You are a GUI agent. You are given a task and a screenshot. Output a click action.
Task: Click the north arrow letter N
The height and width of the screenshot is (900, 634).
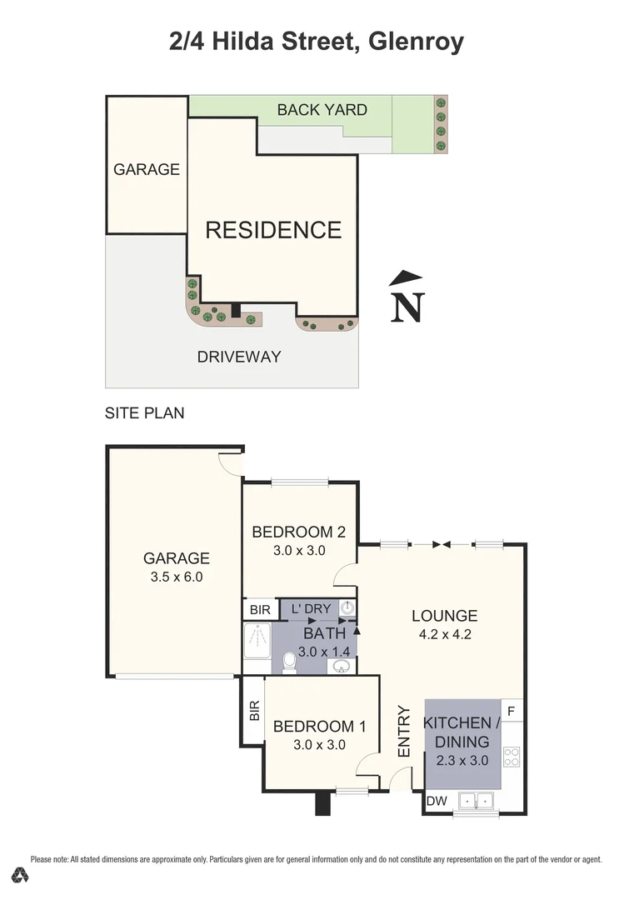tap(407, 307)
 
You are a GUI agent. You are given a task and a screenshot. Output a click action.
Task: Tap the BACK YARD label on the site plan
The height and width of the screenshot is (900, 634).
tap(322, 109)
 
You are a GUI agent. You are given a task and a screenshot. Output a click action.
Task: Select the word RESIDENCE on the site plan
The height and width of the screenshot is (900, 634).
tap(273, 230)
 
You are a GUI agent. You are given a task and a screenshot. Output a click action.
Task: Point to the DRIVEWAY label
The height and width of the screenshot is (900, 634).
tap(239, 357)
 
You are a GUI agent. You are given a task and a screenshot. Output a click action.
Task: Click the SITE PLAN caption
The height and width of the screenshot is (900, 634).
tap(144, 412)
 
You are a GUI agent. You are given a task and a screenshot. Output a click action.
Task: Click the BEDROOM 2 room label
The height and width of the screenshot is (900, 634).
tap(298, 532)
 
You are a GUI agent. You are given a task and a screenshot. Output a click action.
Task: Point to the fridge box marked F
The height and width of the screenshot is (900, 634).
tap(512, 711)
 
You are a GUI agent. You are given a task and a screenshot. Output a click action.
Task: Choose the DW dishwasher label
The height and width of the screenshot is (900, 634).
tap(436, 801)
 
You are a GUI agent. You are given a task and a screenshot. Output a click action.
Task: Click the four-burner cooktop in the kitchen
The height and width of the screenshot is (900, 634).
tap(512, 757)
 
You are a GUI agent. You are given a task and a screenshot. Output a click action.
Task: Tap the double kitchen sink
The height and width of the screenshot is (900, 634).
tap(476, 801)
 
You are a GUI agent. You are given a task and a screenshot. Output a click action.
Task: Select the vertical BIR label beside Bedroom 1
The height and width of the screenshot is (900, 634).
tap(253, 710)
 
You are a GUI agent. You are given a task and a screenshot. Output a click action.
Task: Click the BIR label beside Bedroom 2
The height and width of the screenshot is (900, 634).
tap(260, 610)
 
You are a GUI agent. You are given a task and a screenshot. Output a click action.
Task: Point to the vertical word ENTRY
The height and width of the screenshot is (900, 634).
tap(405, 732)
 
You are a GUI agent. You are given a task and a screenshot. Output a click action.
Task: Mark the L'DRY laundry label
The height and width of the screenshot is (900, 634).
tap(312, 609)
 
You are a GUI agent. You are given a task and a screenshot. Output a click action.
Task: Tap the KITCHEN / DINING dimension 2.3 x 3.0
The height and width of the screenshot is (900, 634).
tap(462, 760)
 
